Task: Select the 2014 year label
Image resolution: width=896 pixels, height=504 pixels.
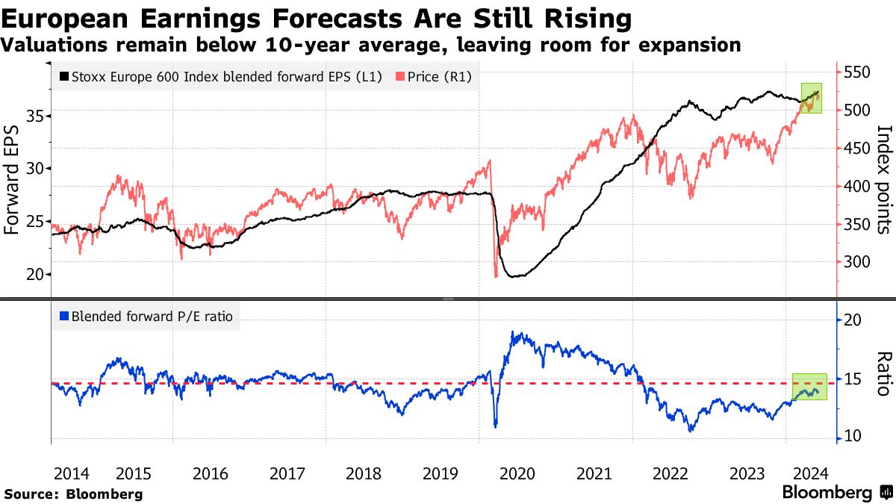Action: pos(72,473)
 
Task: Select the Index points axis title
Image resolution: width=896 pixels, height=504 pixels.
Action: pos(883,179)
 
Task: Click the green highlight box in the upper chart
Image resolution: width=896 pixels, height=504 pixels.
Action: pos(811,98)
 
